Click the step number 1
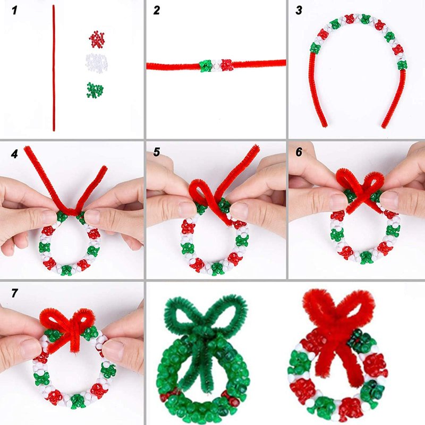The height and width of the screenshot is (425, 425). pos(14,11)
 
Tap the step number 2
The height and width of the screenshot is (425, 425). pos(157,11)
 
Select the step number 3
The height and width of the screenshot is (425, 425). pos(299,11)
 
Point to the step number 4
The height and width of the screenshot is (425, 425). pos(14,154)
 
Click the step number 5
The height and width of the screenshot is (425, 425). pos(157,152)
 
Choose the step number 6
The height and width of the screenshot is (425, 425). pos(299,152)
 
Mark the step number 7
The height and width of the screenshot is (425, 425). pos(14,293)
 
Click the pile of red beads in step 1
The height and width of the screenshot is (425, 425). pos(97,39)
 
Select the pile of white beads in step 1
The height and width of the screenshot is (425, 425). pos(97,62)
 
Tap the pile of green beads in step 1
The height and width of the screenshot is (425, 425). pos(95,90)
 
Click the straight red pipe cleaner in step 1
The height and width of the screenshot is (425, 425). pos(54,68)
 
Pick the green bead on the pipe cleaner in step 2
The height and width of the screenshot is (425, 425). pos(206,66)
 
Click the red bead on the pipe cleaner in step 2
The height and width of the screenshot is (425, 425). pos(227,65)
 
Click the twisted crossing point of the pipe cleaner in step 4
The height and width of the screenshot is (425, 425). pos(71,211)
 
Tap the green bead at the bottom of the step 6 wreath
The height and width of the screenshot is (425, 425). pos(365,257)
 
